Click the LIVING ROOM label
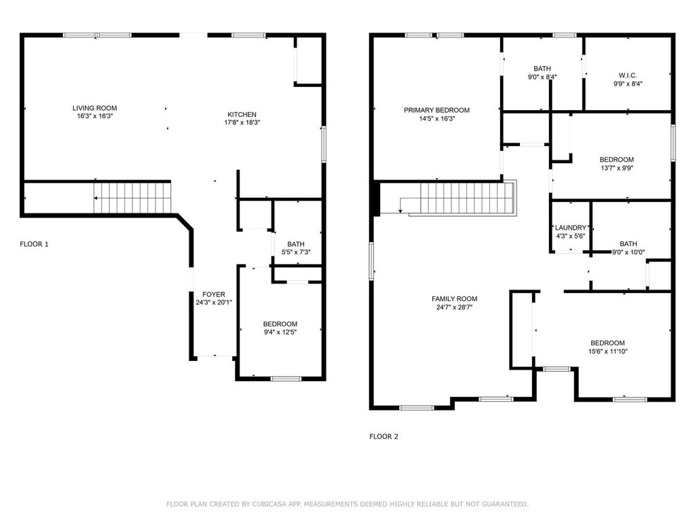[x=95, y=108]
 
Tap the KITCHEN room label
[x=242, y=114]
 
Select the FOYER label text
[x=214, y=294]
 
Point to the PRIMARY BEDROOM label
[x=436, y=110]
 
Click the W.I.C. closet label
[x=628, y=75]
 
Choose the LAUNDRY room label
[x=570, y=228]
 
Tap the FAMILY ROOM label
[x=454, y=299]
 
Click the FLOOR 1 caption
[x=34, y=244]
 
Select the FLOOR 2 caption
[x=384, y=436]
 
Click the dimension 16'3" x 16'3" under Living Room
[x=95, y=116]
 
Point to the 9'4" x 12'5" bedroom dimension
[x=280, y=332]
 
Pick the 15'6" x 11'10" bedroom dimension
[x=607, y=351]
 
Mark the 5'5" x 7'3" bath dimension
[x=296, y=252]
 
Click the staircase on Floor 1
[x=132, y=198]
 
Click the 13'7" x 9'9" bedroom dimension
[x=616, y=168]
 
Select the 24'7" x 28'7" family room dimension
[x=454, y=307]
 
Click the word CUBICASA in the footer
[x=267, y=504]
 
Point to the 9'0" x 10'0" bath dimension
[x=628, y=252]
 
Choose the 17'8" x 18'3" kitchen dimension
[x=242, y=122]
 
